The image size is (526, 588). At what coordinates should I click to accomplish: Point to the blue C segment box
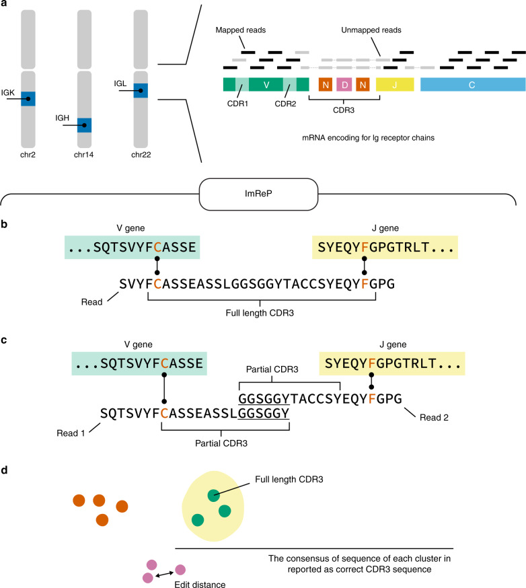[473, 85]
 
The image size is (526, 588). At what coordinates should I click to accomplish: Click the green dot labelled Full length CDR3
[213, 497]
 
